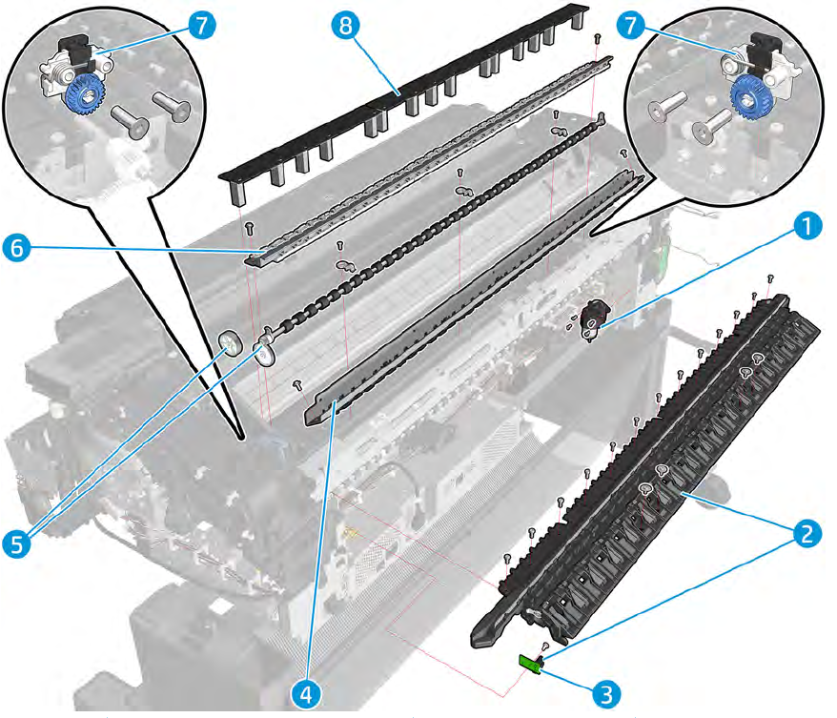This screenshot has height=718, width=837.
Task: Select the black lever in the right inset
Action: point(764,51)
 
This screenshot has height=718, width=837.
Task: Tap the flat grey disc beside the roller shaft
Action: point(231,342)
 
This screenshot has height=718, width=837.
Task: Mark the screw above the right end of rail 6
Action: point(597,39)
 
